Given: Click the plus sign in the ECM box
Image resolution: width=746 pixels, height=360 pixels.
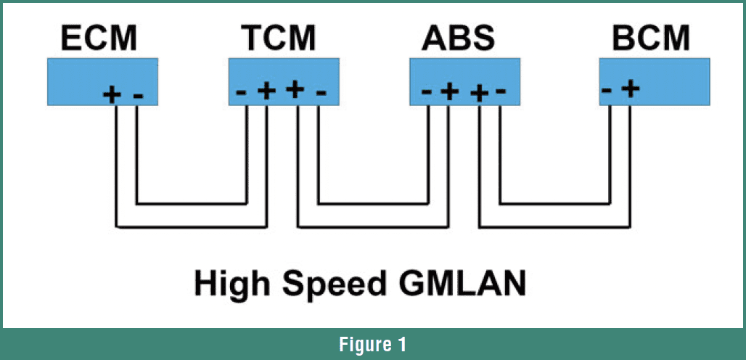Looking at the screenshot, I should coord(112,94).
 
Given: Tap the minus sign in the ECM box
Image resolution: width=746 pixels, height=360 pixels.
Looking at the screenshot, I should coord(139,94).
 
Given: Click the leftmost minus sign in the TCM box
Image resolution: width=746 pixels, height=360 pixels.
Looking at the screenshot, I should coord(242,92).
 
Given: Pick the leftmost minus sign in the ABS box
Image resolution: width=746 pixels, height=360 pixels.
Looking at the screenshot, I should coord(427,92).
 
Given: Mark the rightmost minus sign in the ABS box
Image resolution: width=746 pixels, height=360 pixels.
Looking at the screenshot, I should coord(499,92).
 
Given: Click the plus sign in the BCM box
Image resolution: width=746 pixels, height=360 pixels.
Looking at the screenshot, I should coord(631,89).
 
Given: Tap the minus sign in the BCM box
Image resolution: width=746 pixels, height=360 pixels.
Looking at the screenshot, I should coord(607,89).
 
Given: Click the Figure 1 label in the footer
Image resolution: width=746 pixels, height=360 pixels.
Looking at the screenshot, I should coord(373,344).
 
